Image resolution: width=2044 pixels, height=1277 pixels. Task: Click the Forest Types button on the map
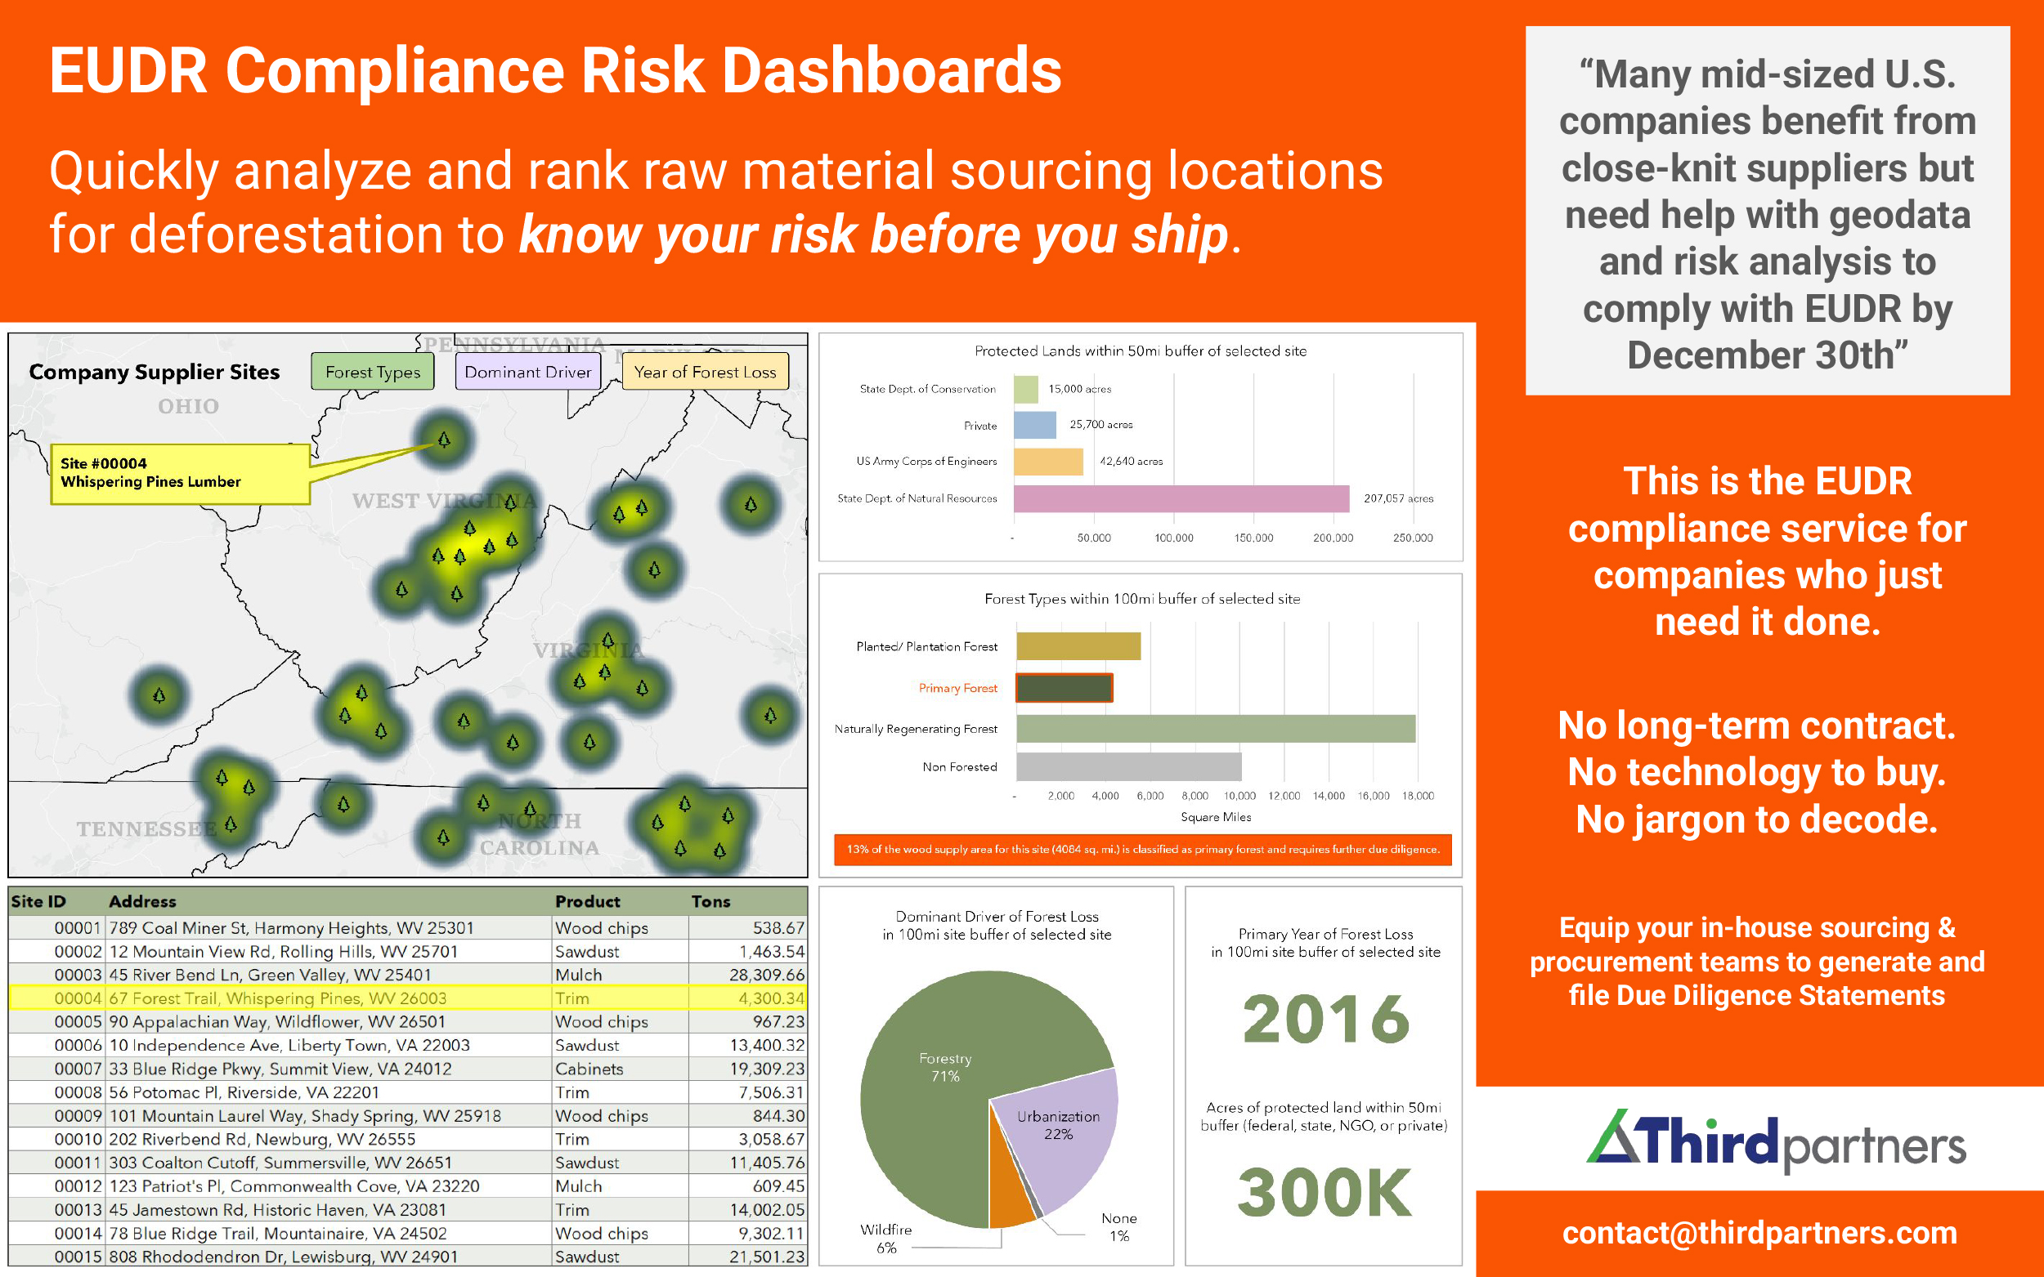pos(373,372)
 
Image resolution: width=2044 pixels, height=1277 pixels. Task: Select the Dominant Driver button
pos(527,372)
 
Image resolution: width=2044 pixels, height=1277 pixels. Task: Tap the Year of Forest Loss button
pos(705,372)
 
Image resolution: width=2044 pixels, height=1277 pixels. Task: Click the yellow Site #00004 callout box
pos(180,473)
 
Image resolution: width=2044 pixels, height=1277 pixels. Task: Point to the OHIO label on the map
pos(188,406)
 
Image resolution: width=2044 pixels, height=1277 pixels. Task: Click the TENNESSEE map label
pos(146,829)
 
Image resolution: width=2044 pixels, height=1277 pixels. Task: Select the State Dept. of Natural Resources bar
pos(1181,498)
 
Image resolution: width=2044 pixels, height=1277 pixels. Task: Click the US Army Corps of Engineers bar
pos(1048,462)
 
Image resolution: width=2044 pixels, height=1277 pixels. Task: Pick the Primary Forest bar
pos(1064,687)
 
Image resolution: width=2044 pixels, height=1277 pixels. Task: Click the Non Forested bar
pos(1128,767)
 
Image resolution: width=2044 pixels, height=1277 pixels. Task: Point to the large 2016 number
pos(1325,1019)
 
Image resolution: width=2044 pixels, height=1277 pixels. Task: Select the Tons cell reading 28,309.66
pos(766,975)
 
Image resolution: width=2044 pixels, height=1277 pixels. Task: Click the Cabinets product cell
pos(589,1069)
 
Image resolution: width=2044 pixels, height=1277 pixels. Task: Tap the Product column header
pos(587,901)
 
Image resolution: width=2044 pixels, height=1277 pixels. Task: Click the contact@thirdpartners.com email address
pos(1759,1233)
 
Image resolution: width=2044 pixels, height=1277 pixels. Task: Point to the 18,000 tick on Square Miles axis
pos(1417,796)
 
